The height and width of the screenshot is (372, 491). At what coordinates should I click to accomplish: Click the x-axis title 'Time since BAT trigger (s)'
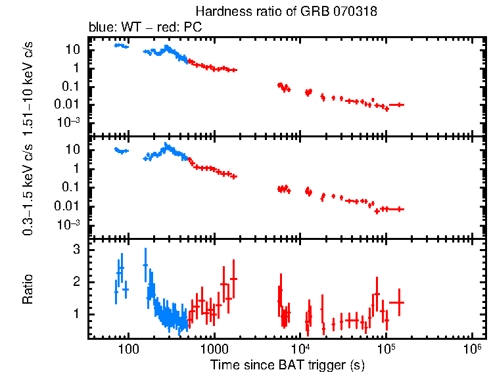[287, 363]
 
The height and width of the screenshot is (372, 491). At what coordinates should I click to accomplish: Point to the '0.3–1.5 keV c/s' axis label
[28, 188]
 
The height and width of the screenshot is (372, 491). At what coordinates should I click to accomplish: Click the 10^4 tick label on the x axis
[300, 347]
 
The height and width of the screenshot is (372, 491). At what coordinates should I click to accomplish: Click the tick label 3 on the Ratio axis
[76, 250]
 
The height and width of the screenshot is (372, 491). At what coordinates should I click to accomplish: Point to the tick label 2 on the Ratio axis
[76, 282]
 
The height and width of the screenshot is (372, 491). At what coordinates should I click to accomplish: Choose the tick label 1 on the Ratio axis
[76, 314]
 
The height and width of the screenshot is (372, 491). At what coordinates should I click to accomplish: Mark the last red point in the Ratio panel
[396, 302]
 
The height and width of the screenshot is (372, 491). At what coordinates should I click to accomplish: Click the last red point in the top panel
[396, 105]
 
